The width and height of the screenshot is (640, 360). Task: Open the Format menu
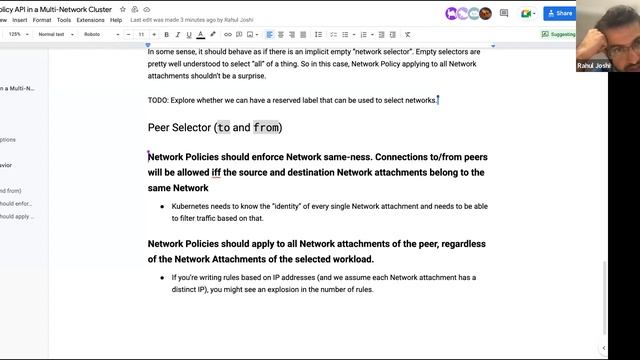[x=41, y=19]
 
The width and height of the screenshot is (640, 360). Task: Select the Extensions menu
[x=90, y=19]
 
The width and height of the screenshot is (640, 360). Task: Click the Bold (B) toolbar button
[x=166, y=34]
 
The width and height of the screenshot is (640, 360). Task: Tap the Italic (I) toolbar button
[x=177, y=34]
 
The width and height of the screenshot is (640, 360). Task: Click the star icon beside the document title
[x=122, y=8]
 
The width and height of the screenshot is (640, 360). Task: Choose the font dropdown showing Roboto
[x=99, y=34]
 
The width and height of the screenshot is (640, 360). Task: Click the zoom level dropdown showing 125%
[x=18, y=34]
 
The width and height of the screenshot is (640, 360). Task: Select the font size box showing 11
[x=141, y=34]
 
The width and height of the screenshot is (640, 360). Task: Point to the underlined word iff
[x=216, y=172]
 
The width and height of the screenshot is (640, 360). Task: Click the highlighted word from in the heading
[x=266, y=128]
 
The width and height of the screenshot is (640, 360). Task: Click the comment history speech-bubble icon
[x=504, y=13]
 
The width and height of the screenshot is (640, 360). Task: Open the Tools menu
[x=64, y=19]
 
